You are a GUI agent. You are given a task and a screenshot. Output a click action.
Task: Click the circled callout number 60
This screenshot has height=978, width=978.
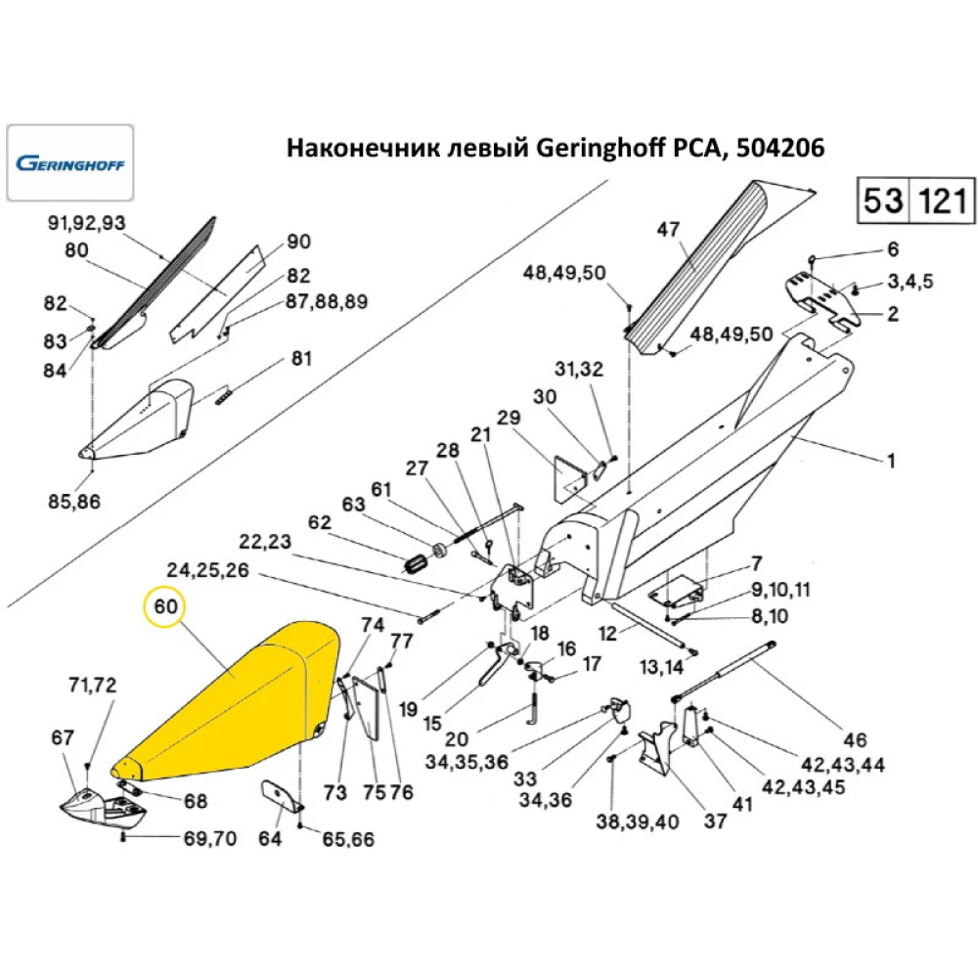click(165, 607)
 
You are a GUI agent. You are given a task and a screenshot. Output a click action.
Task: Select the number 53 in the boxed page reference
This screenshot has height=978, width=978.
click(884, 201)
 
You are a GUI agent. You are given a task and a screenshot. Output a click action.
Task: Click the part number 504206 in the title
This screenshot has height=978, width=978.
click(780, 149)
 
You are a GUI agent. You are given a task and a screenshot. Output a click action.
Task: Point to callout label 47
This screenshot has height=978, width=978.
click(667, 230)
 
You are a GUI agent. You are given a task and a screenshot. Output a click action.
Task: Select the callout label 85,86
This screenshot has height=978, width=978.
click(74, 502)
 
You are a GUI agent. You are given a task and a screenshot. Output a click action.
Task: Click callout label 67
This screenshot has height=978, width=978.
click(63, 738)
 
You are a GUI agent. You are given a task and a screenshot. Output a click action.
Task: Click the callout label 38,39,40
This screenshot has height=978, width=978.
click(637, 822)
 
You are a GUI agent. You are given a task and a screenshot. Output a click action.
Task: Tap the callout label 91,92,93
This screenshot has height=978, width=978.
click(87, 223)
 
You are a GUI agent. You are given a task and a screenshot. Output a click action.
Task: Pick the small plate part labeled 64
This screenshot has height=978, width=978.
click(280, 796)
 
